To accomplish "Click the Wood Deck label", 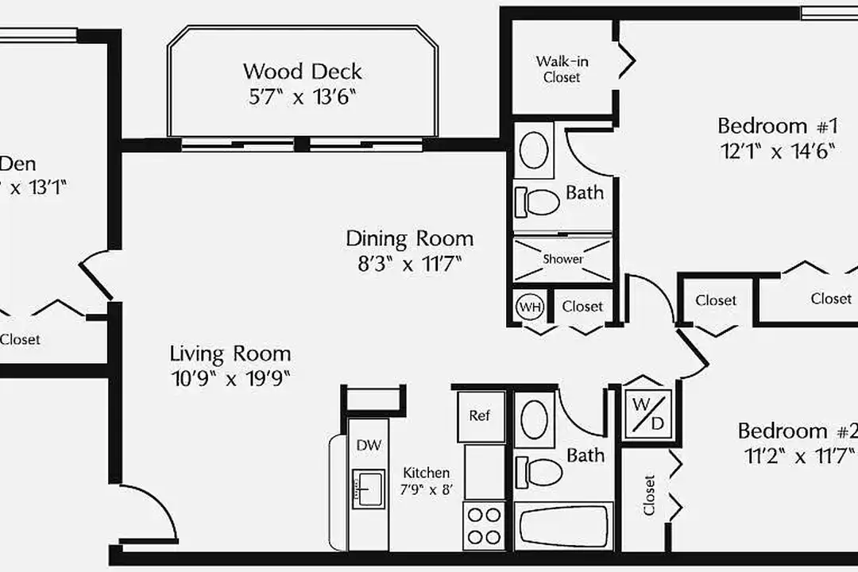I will pos(302,71).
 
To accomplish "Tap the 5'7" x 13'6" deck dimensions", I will pos(302,98).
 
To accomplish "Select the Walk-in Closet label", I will pos(562,69).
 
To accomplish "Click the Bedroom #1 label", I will pos(779,126).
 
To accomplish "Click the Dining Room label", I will pos(409,238).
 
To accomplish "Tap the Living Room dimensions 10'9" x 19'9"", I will pos(230,378).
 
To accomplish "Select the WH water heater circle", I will pos(529,306).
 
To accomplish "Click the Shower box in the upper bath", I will pos(562,259).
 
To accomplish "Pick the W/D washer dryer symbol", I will pos(647,414).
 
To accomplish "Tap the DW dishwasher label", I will pos(368,446).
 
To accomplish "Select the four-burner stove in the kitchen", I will pos(483,524).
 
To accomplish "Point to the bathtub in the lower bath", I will pos(563,525).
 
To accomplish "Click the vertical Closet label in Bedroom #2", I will pos(649,496).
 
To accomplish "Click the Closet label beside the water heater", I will pos(582,306).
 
